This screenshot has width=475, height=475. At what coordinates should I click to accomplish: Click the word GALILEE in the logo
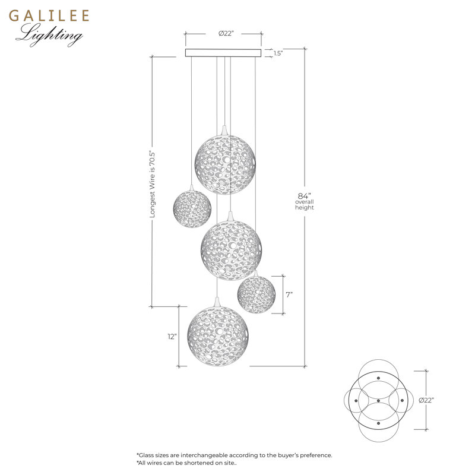pyautogui.click(x=49, y=16)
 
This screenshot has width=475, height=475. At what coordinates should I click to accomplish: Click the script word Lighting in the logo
pyautogui.click(x=50, y=35)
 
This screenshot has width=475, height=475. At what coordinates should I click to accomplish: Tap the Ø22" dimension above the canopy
pyautogui.click(x=226, y=33)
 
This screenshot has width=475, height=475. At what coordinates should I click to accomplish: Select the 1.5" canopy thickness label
pyautogui.click(x=278, y=53)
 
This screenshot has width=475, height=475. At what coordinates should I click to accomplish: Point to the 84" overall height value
pyautogui.click(x=305, y=196)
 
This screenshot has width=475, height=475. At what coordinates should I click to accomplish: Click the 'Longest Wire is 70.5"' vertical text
pyautogui.click(x=153, y=184)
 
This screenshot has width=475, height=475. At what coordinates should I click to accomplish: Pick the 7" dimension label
pyautogui.click(x=289, y=294)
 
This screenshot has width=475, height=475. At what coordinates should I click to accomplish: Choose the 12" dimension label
pyautogui.click(x=172, y=337)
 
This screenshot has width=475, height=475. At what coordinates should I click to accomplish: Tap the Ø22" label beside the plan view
pyautogui.click(x=426, y=400)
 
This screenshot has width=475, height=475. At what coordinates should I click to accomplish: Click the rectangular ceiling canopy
pyautogui.click(x=223, y=53)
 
